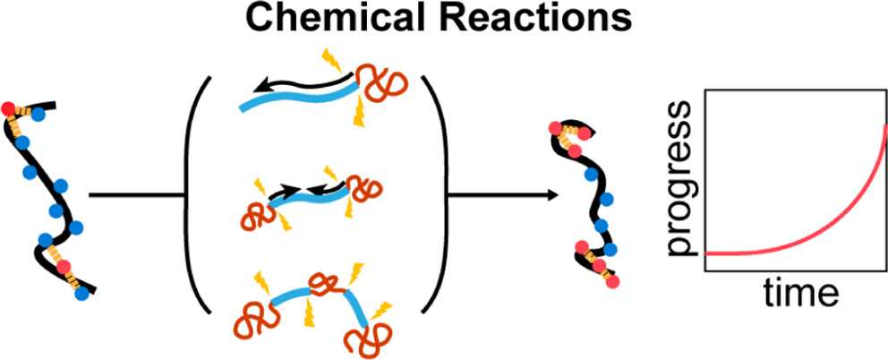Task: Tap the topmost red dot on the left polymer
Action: (x=9, y=109)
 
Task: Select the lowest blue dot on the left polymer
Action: (x=83, y=292)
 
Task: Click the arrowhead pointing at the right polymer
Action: (x=539, y=193)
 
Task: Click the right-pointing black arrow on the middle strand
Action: (x=286, y=190)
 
